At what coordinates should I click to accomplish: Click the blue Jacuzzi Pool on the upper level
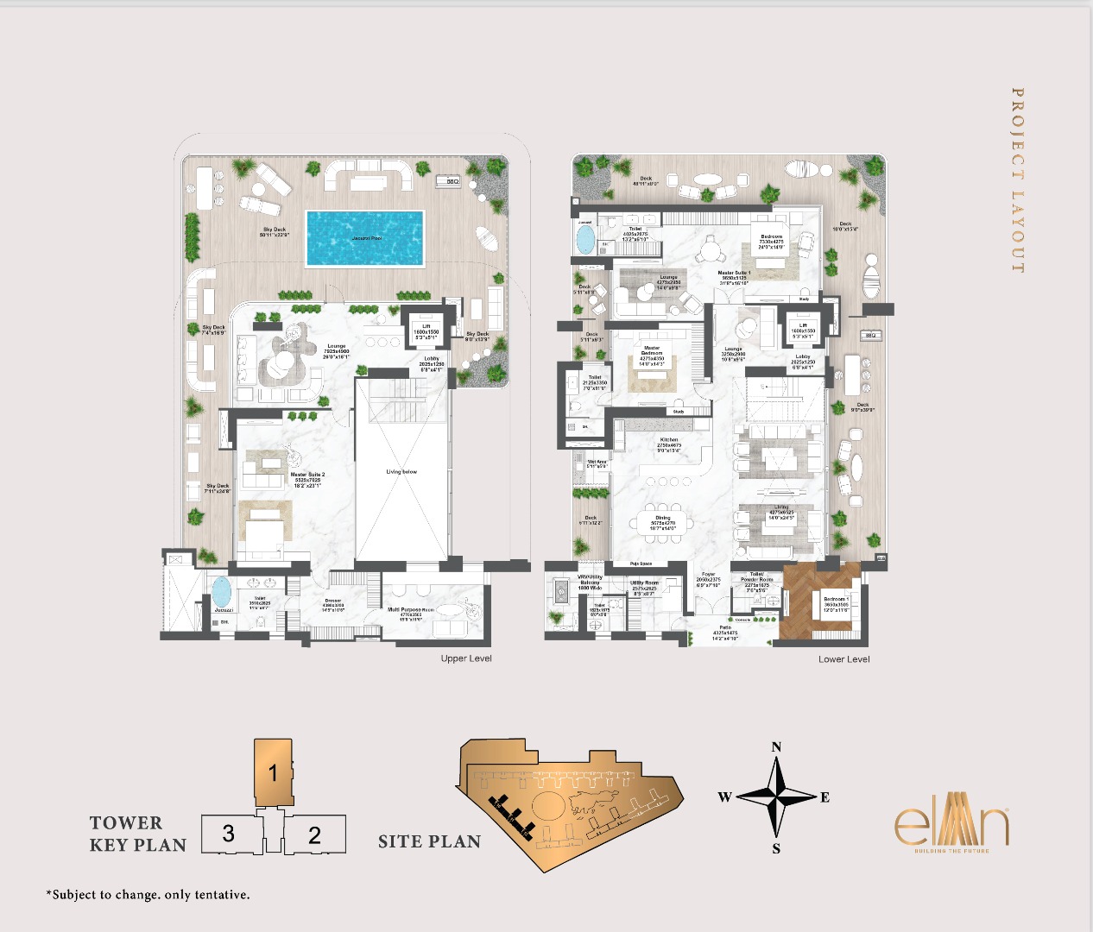click(365, 238)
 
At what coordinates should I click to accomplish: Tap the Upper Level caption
click(466, 658)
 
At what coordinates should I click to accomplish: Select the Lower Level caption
click(843, 659)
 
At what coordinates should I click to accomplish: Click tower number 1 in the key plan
click(273, 772)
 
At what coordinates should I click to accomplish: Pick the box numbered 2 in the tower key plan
click(314, 834)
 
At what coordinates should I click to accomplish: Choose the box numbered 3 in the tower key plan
click(229, 834)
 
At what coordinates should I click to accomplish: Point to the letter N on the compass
click(776, 747)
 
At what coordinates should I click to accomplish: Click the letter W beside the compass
click(724, 797)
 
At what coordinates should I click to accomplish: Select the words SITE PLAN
click(429, 842)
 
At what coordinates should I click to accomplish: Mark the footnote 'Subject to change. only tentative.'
click(148, 895)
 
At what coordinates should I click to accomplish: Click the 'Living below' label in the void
click(401, 472)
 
